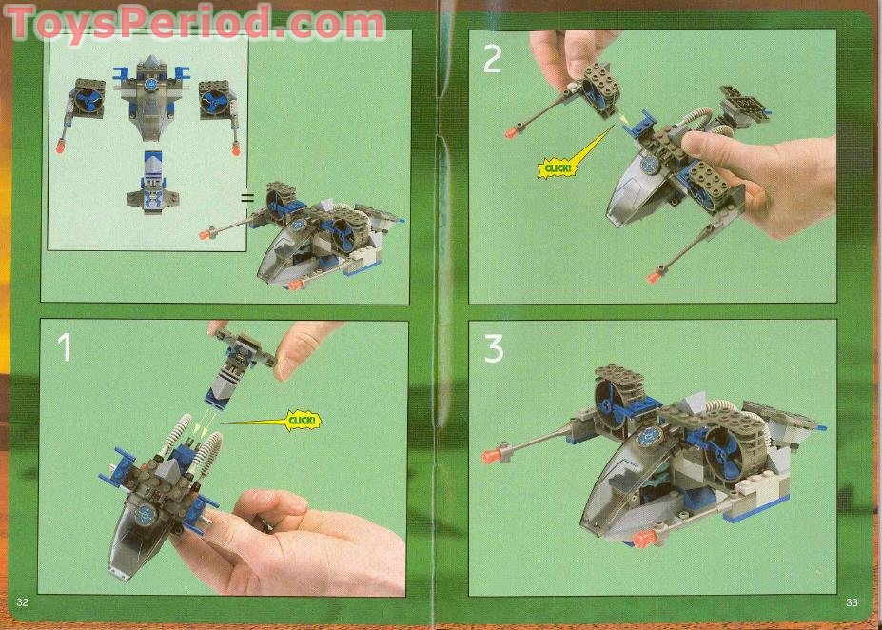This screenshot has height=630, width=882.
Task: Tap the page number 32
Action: point(23,603)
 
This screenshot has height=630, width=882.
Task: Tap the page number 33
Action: point(852,603)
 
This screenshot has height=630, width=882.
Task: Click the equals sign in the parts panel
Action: point(245,198)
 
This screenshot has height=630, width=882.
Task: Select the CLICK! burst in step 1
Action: point(304,421)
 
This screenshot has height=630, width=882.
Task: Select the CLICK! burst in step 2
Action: point(556,168)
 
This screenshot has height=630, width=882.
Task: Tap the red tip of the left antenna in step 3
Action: point(492,456)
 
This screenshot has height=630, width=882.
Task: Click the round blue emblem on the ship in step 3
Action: point(653,435)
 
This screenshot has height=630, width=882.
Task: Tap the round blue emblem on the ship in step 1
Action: point(147,513)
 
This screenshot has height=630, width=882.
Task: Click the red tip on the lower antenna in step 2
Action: point(655,276)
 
